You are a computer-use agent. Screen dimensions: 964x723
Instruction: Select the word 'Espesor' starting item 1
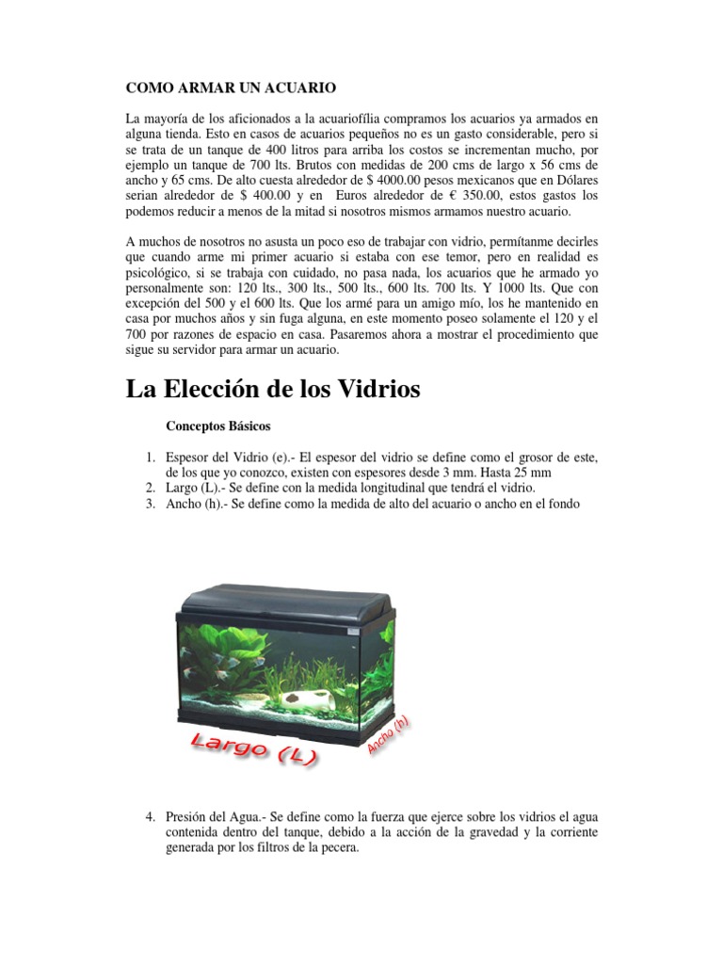[191, 458]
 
